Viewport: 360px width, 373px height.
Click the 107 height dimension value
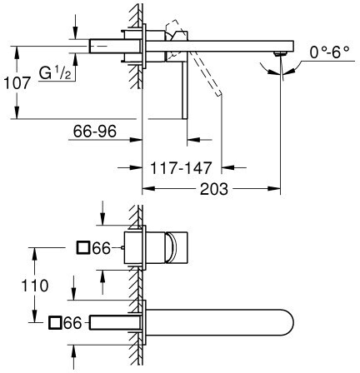(17, 83)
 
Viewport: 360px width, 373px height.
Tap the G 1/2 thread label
(55, 73)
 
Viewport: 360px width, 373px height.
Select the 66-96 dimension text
(95, 132)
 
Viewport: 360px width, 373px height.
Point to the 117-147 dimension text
(181, 168)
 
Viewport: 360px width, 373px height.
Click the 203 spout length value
(214, 189)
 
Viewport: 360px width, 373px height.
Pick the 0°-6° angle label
(329, 52)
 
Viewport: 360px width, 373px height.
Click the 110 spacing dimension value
(35, 286)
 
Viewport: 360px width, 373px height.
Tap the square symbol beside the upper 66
(83, 248)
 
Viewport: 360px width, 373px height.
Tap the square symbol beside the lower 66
(55, 323)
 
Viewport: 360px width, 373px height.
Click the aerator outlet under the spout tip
(280, 54)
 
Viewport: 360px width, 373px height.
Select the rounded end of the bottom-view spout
(289, 323)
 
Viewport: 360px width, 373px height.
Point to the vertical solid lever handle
(185, 89)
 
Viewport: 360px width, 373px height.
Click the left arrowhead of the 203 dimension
(148, 189)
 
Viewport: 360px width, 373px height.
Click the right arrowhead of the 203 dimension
(274, 189)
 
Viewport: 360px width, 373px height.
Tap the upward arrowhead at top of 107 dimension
(17, 52)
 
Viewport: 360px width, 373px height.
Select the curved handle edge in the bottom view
(172, 247)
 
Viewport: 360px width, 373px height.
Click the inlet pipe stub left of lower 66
(114, 323)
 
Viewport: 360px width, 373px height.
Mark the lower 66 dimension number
(72, 323)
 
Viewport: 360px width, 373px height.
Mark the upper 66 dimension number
(102, 248)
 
